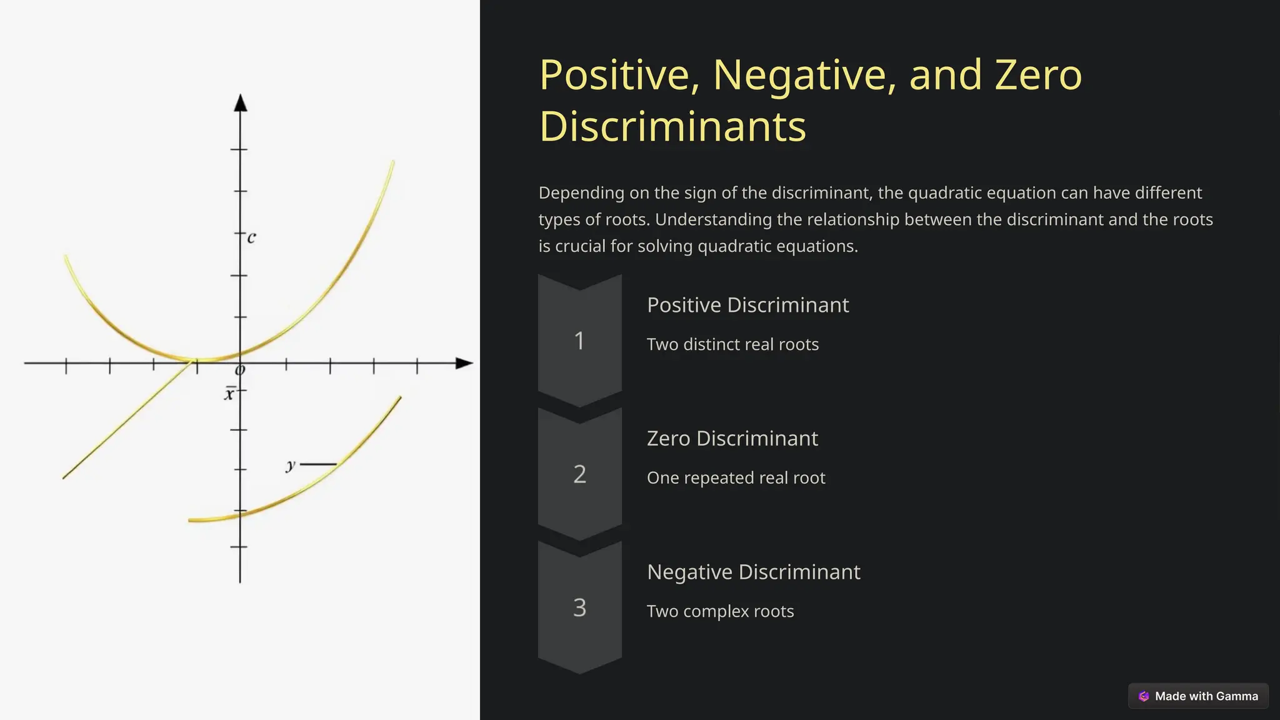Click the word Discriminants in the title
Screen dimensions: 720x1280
click(x=672, y=127)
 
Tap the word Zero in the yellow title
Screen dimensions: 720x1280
click(x=1038, y=75)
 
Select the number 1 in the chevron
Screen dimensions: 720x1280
click(x=579, y=341)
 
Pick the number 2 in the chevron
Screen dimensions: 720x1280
click(x=579, y=474)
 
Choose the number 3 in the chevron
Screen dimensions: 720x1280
click(x=579, y=607)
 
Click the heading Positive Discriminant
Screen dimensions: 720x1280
click(x=747, y=305)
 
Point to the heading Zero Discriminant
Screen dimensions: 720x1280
click(x=732, y=439)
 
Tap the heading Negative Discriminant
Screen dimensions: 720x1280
click(x=753, y=572)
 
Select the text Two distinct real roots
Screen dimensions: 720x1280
click(x=732, y=344)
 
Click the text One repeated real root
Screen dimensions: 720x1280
click(x=736, y=478)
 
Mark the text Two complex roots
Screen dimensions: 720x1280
click(x=720, y=611)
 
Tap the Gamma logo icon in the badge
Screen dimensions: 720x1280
click(x=1144, y=696)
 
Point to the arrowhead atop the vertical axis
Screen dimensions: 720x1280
click(x=241, y=103)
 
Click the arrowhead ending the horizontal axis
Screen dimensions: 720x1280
click(x=464, y=363)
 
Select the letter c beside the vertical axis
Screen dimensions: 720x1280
click(x=251, y=237)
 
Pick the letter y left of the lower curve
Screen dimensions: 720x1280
click(x=291, y=465)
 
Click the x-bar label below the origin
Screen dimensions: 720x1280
click(x=229, y=394)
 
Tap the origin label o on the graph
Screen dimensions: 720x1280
click(x=239, y=371)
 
